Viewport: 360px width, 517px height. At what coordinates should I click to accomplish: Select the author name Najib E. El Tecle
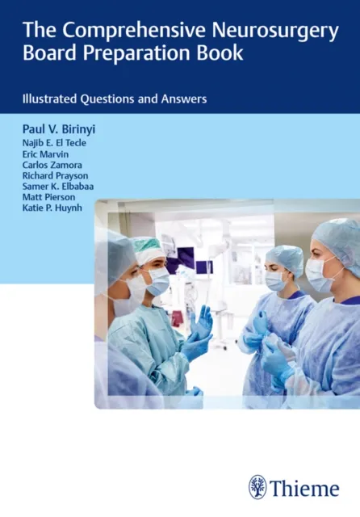[x=54, y=143]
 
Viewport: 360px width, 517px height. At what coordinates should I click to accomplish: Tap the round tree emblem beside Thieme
[x=258, y=486]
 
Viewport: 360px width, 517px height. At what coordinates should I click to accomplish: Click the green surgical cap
[x=149, y=248]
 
